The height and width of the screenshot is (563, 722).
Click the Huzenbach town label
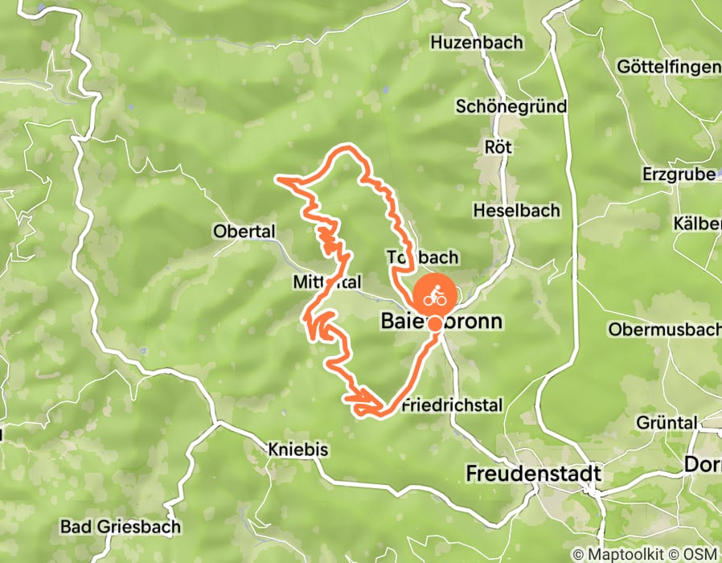pos(477,42)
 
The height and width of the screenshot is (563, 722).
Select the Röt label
pos(498,148)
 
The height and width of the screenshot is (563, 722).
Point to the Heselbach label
pos(516,211)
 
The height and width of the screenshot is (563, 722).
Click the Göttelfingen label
pos(667,68)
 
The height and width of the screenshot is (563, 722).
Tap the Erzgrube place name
pos(679,174)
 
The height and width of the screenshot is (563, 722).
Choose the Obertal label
pos(244,232)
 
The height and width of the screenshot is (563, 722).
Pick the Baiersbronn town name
pos(441,323)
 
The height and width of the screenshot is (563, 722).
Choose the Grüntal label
pos(666,422)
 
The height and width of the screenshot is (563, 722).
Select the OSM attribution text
pos(703,554)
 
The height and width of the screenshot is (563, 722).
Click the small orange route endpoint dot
pos(434,324)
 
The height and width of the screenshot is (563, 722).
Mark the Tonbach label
pos(422,257)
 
